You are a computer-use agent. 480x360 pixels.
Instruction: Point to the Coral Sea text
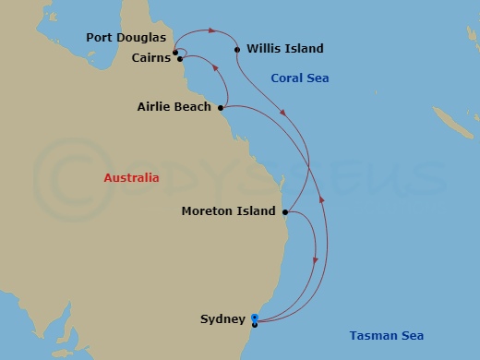tap(300, 78)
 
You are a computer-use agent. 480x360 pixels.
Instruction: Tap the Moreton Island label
tap(228, 211)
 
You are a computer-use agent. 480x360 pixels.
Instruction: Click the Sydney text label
tap(222, 319)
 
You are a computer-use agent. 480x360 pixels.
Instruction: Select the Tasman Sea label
tap(387, 336)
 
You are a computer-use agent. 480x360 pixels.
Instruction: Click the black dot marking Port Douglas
tap(174, 53)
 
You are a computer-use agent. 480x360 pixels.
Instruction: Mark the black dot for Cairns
tap(180, 59)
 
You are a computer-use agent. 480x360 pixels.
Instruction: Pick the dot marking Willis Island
tap(237, 49)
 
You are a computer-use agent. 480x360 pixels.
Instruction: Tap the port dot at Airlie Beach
tap(220, 107)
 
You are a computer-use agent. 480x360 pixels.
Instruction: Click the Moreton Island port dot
tap(284, 212)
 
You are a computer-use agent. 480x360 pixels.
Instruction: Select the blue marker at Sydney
tap(254, 318)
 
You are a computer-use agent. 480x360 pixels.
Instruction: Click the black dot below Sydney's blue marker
tap(254, 324)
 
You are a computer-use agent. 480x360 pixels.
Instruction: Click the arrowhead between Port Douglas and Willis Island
tap(212, 31)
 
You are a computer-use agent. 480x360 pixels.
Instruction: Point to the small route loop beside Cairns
tap(184, 52)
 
